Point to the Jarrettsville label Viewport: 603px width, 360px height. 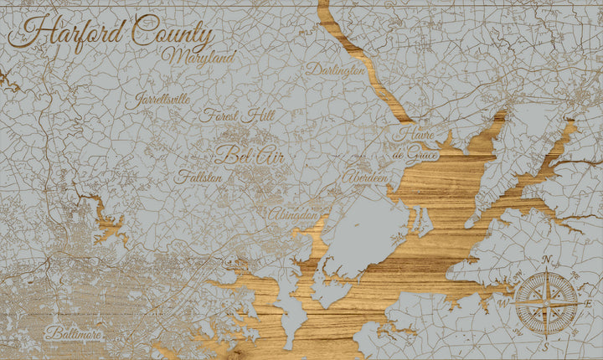pyautogui.click(x=162, y=98)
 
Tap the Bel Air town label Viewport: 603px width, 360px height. pyautogui.click(x=246, y=155)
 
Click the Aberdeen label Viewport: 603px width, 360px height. pyautogui.click(x=365, y=178)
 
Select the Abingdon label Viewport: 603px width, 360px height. pyautogui.click(x=294, y=215)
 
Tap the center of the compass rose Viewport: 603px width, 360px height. pyautogui.click(x=546, y=301)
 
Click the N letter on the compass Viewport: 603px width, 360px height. pyautogui.click(x=547, y=260)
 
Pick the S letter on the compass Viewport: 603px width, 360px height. pyautogui.click(x=545, y=346)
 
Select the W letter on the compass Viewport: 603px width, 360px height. pyautogui.click(x=504, y=303)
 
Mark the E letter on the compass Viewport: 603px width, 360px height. pyautogui.click(x=589, y=302)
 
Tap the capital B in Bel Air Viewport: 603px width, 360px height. pyautogui.click(x=223, y=154)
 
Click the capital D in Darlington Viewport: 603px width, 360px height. pyautogui.click(x=312, y=69)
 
